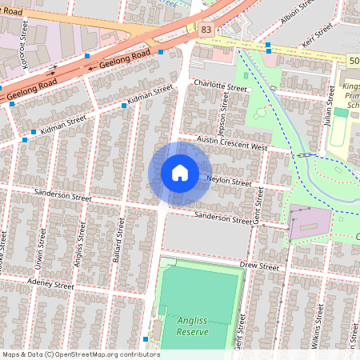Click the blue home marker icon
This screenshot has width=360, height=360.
click(179, 173)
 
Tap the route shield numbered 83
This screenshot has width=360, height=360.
click(206, 29)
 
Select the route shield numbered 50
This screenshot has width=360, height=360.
click(353, 61)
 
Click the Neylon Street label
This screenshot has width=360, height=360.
click(229, 180)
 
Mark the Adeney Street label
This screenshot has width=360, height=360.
click(50, 285)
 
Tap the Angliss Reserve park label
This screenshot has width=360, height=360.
click(183, 325)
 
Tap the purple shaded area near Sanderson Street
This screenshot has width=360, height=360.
click(308, 223)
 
